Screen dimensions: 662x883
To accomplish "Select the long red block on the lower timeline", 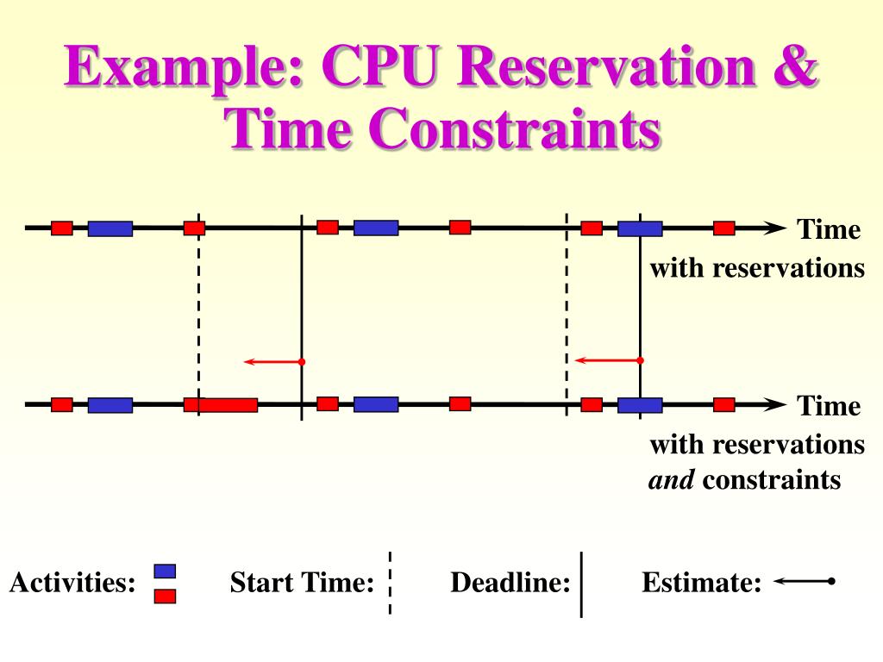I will click(x=229, y=405).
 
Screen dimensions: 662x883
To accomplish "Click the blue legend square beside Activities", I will click(x=165, y=571).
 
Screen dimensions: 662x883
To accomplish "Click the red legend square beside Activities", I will click(x=165, y=595).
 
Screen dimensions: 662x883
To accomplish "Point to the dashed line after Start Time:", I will click(x=390, y=584).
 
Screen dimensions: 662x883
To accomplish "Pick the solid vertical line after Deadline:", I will click(x=582, y=584).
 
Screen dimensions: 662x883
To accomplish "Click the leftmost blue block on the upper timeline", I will click(x=110, y=228).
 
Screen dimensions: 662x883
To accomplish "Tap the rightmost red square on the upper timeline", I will click(x=724, y=228).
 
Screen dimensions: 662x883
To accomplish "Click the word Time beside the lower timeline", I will click(x=829, y=406).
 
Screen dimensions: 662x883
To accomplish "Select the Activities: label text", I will click(x=73, y=584).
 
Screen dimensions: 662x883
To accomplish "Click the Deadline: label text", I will click(x=510, y=584).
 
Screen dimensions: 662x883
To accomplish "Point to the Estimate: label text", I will click(x=701, y=584).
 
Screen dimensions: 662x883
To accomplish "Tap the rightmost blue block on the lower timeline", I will click(x=640, y=405).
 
